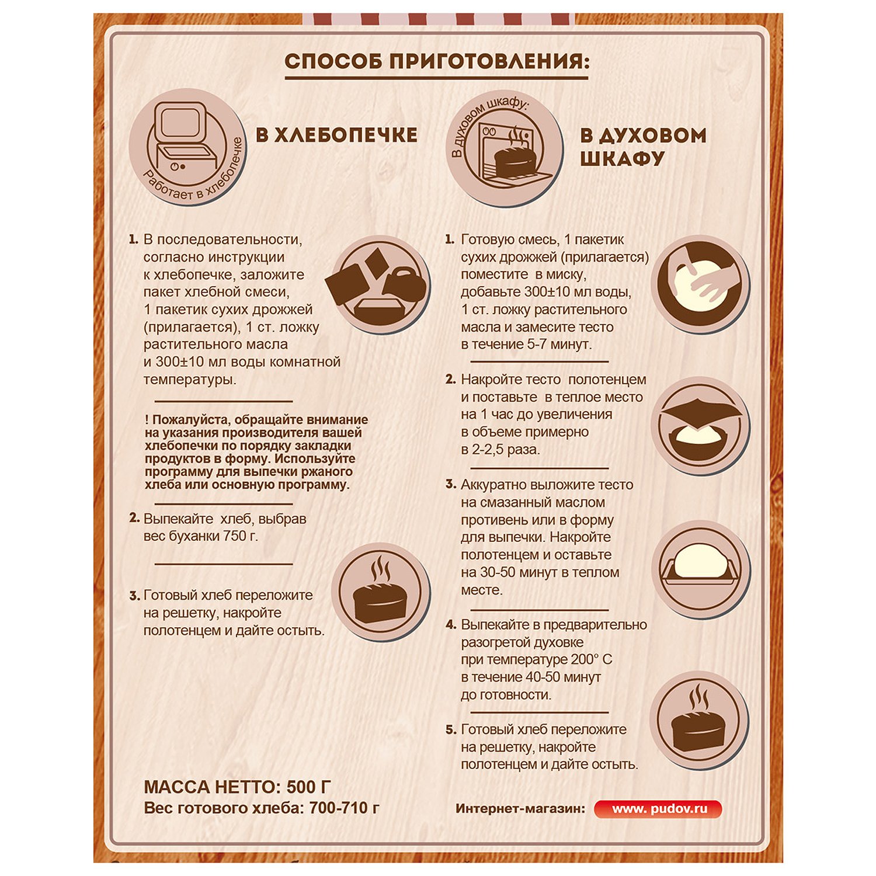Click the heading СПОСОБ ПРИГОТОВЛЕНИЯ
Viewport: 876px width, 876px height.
tap(437, 61)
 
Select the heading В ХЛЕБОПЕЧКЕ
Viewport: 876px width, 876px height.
tap(337, 135)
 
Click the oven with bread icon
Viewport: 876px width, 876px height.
tap(504, 148)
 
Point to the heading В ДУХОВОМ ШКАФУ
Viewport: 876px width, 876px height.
tap(643, 147)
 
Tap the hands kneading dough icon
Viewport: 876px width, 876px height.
tap(700, 284)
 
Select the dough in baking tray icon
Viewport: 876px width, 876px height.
tap(700, 569)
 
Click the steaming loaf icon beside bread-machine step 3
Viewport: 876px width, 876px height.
tap(380, 592)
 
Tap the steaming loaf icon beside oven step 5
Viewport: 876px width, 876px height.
tap(699, 720)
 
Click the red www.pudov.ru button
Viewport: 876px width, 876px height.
tap(658, 809)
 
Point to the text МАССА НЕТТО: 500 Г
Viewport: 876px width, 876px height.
tap(238, 787)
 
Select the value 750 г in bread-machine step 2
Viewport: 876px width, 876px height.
tap(240, 536)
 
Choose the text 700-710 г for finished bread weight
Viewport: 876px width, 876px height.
tap(345, 808)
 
